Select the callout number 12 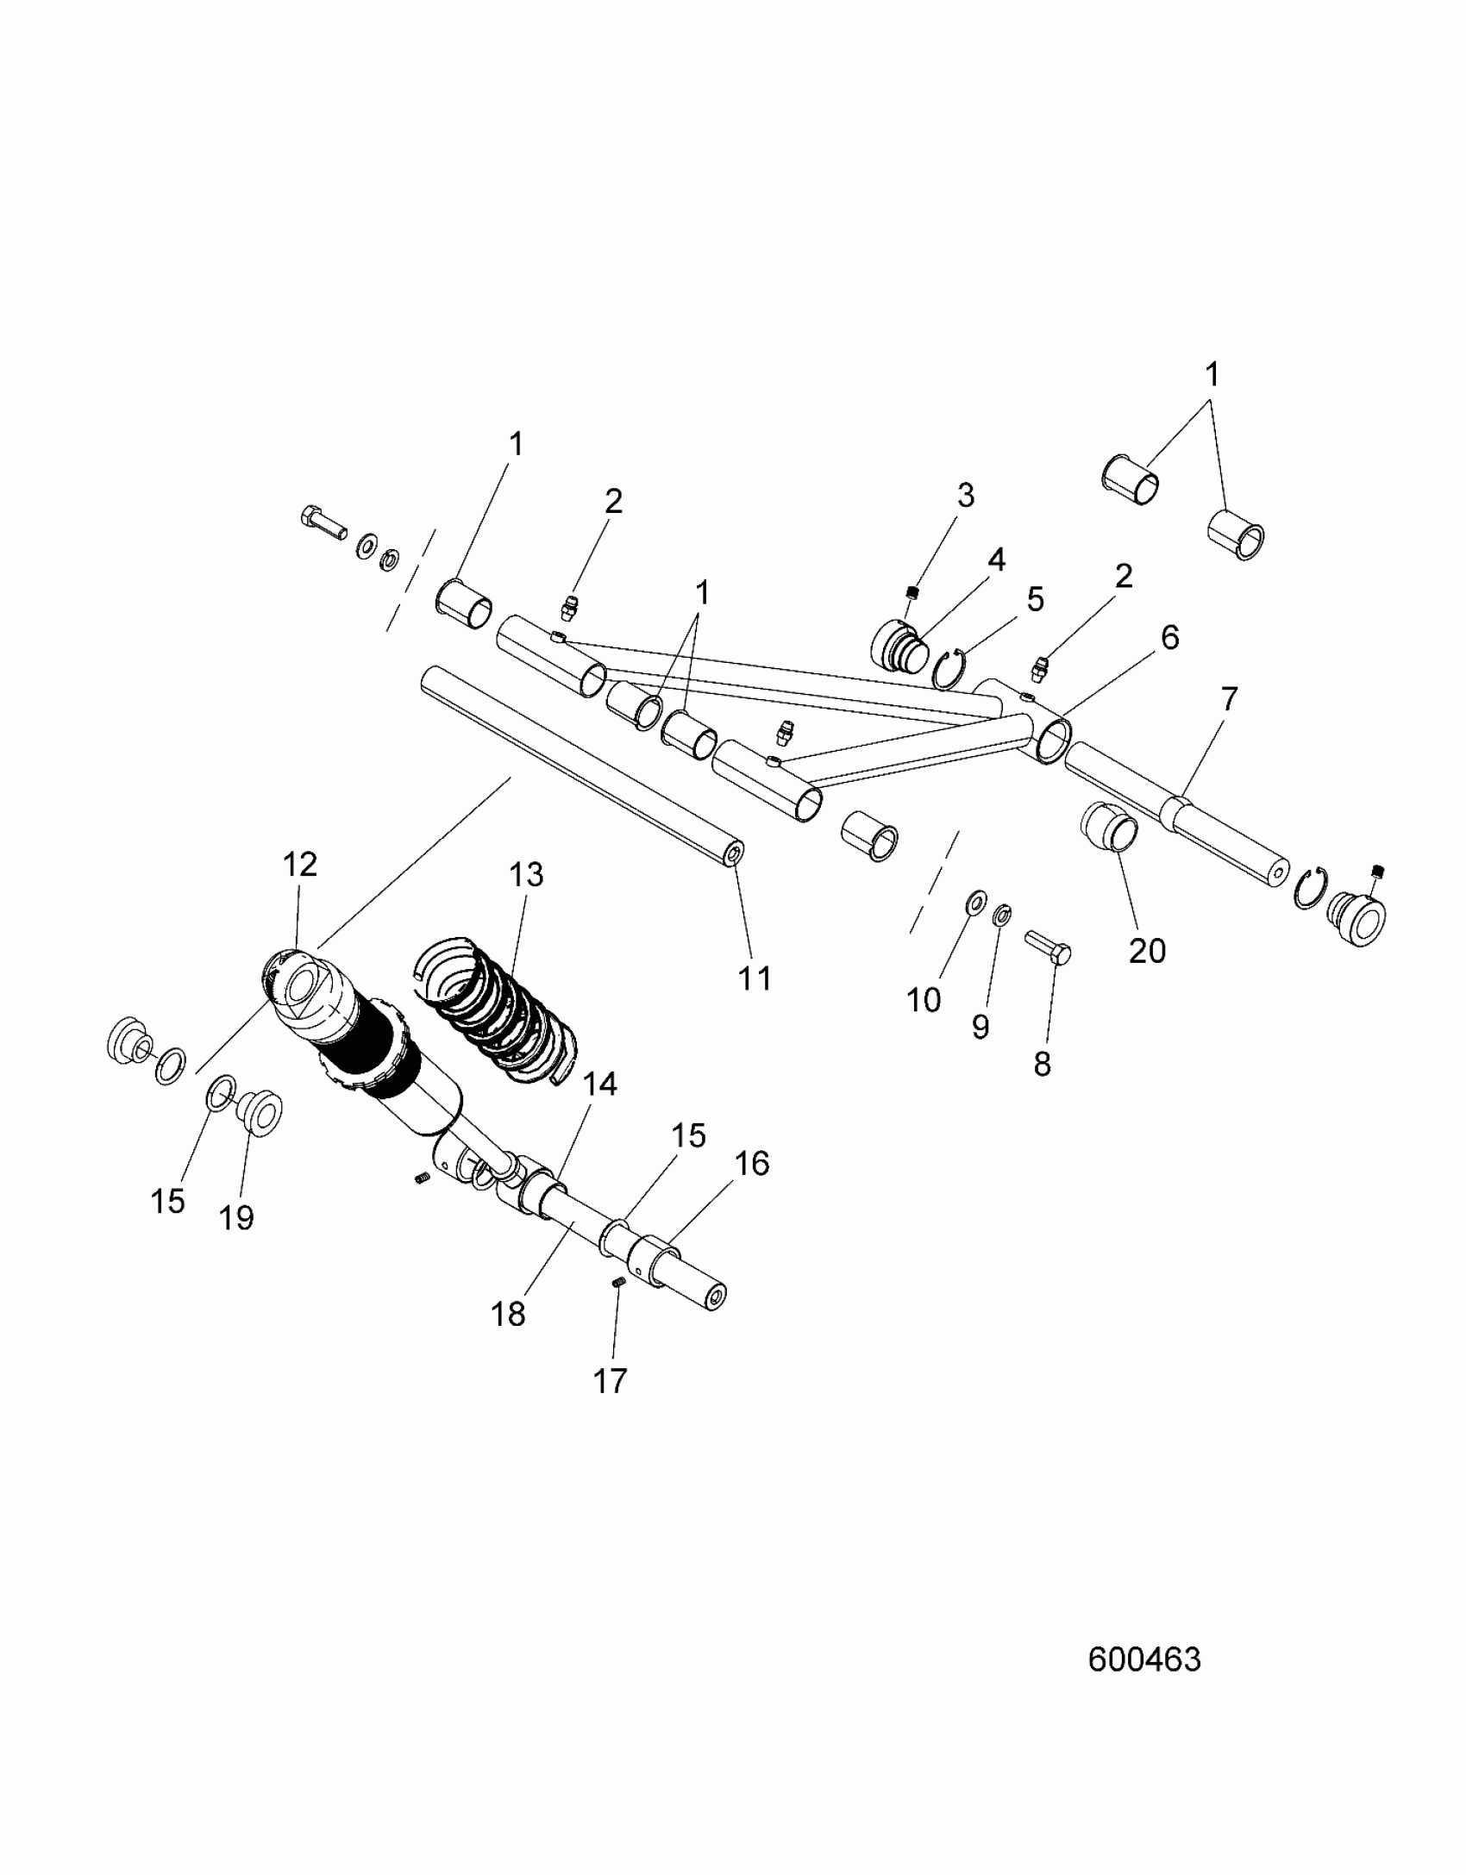pyautogui.click(x=300, y=864)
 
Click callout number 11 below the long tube pyautogui.click(x=755, y=978)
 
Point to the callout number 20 pyautogui.click(x=1147, y=951)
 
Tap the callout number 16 pyautogui.click(x=752, y=1164)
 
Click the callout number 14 pyautogui.click(x=600, y=1084)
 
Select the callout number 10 pyautogui.click(x=924, y=1000)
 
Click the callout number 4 pyautogui.click(x=996, y=559)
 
